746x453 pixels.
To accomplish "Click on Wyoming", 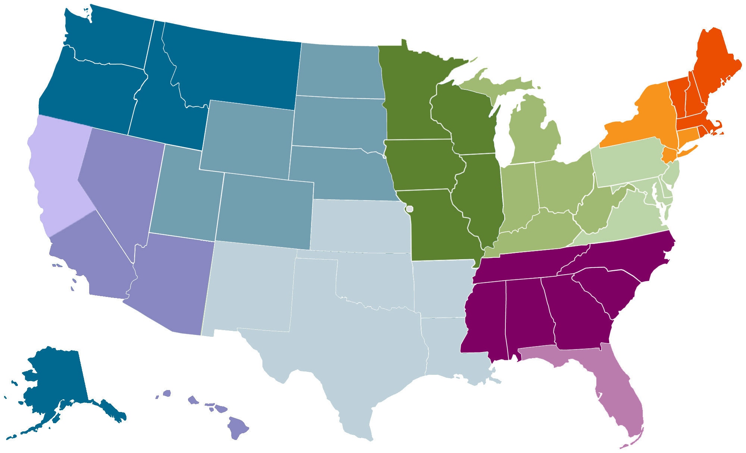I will coord(248,136).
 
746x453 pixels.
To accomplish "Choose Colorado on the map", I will coord(265,210).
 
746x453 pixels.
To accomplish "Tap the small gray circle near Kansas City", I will coord(410,209).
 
